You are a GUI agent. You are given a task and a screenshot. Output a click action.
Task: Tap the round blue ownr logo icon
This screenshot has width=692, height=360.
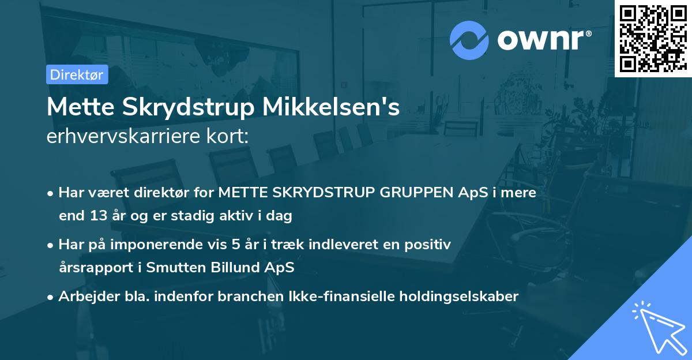pos(469,40)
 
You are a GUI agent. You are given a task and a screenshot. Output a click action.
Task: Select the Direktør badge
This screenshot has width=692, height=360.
pos(77,74)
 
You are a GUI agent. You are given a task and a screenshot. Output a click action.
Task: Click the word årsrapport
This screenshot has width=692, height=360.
pos(92,268)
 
